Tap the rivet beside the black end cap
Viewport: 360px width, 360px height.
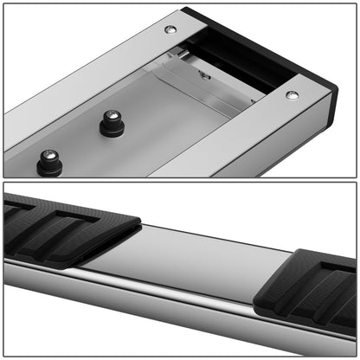pyautogui.click(x=292, y=94)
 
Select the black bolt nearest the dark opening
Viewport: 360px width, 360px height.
pyautogui.click(x=112, y=122)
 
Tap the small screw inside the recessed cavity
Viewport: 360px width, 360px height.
pyautogui.click(x=205, y=74)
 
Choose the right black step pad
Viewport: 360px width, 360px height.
pyautogui.click(x=307, y=290)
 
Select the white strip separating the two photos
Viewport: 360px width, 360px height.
pyautogui.click(x=180, y=179)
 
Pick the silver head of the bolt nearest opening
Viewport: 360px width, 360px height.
pyautogui.click(x=112, y=114)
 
